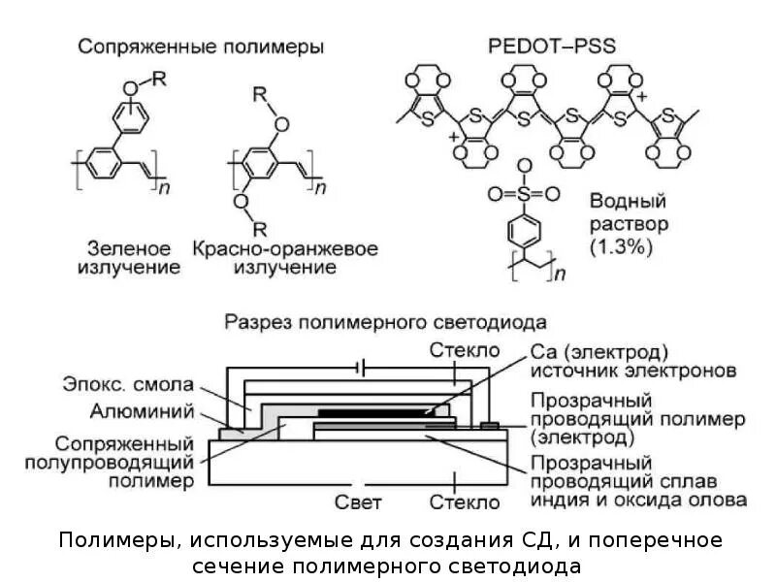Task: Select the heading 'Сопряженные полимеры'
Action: pos(201,46)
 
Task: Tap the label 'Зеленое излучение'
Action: pos(128,258)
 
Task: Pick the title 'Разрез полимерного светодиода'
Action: pos(385,321)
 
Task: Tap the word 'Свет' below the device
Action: pos(358,502)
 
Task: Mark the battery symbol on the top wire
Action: pos(362,369)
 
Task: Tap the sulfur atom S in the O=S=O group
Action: pos(524,194)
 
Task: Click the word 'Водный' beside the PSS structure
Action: pos(628,202)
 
